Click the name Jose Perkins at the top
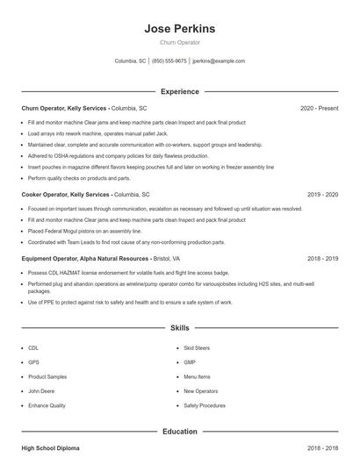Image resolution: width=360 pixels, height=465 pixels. pos(179,29)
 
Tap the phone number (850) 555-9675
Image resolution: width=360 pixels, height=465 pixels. pos(169,61)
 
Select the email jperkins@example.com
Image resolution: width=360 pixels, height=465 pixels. pos(219,61)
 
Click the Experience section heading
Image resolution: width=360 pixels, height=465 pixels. pos(179,91)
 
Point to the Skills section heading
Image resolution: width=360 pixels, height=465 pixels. pos(179,328)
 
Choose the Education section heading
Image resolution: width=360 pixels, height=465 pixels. pos(179,432)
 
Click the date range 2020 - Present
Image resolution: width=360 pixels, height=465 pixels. pos(319,108)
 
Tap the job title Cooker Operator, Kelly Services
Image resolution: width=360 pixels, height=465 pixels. pos(65,194)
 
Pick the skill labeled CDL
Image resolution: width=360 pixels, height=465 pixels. pos(33,348)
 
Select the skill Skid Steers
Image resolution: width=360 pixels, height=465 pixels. pos(197,348)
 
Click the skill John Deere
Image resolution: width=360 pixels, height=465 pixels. pos(40,391)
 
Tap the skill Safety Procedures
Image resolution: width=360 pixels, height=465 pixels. pos(205,405)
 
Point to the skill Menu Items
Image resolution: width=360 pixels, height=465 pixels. pos(197,376)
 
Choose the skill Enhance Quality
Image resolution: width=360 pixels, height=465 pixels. pos(47,405)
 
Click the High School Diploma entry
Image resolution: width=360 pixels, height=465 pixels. pos(50,448)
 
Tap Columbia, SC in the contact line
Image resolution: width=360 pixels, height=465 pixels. pos(130,61)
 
